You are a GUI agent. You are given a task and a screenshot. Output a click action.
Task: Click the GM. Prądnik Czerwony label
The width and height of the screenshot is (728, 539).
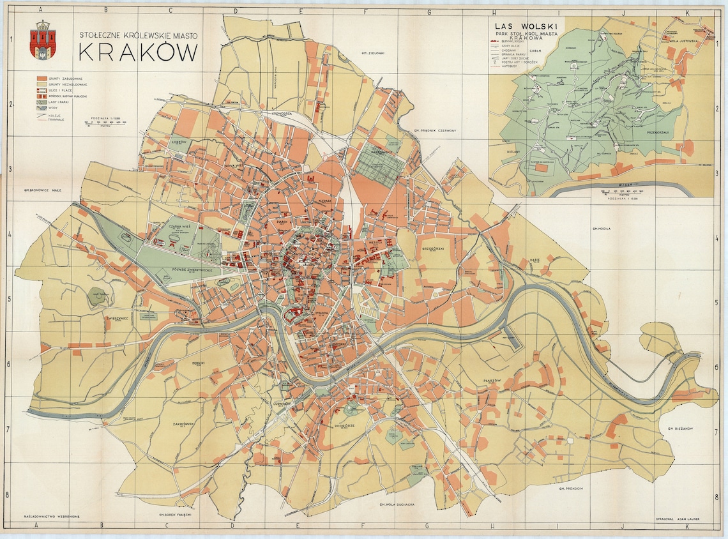pos(434,130)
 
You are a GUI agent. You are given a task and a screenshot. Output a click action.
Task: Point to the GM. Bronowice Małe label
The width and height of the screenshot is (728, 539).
pos(42,190)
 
